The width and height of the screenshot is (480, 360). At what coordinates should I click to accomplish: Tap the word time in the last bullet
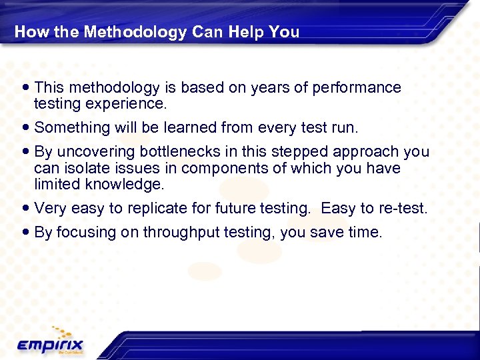coord(365,232)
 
